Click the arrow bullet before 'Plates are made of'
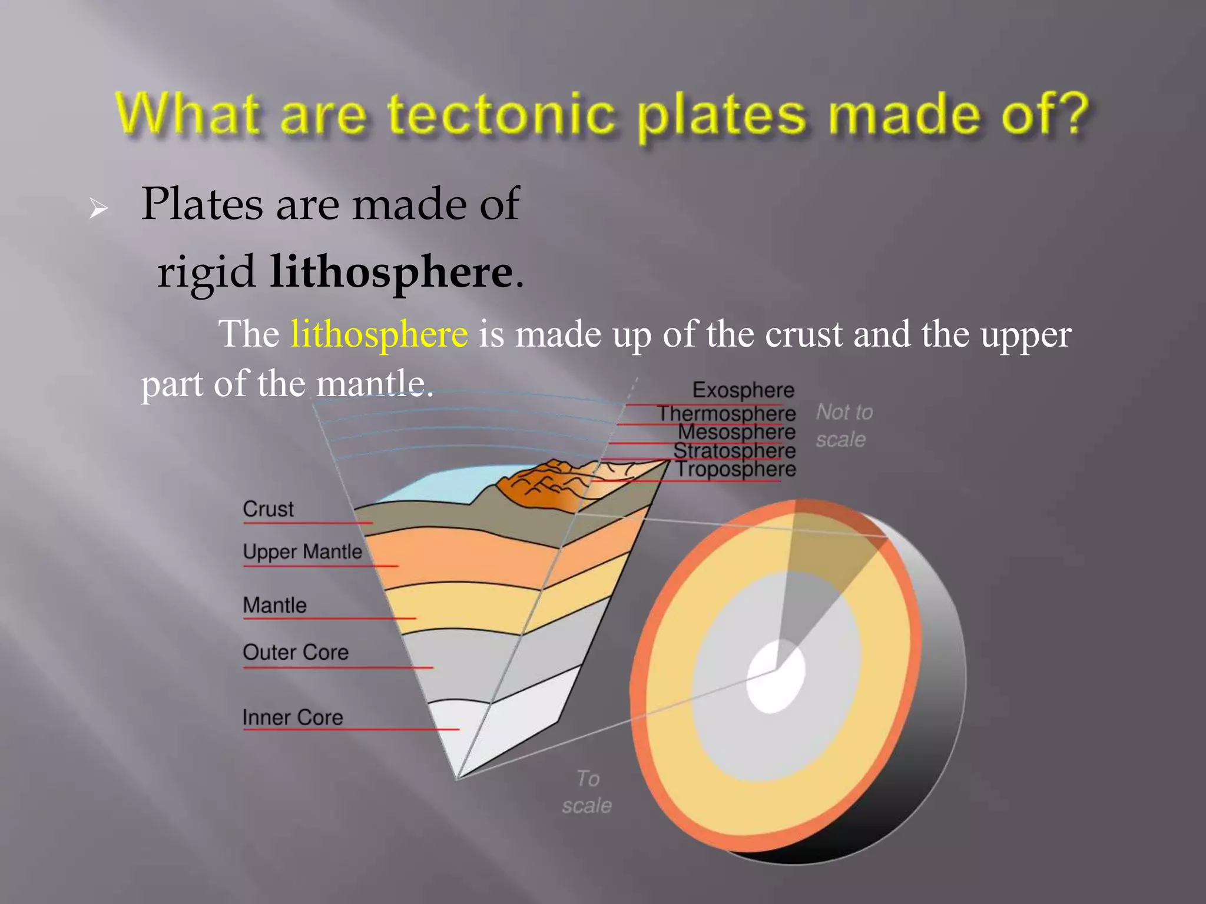pyautogui.click(x=98, y=208)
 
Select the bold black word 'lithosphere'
pyautogui.click(x=391, y=272)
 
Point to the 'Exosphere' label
pyautogui.click(x=743, y=390)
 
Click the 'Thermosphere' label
pyautogui.click(x=726, y=414)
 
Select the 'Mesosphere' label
pyautogui.click(x=736, y=433)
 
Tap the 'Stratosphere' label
pyautogui.click(x=734, y=451)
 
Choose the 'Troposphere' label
pyautogui.click(x=735, y=470)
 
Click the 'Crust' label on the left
pyautogui.click(x=268, y=509)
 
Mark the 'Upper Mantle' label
pyautogui.click(x=302, y=552)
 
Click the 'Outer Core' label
pyautogui.click(x=296, y=653)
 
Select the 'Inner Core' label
pyautogui.click(x=293, y=718)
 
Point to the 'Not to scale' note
pyautogui.click(x=843, y=426)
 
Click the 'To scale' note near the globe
pyautogui.click(x=587, y=792)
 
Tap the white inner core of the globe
pyautogui.click(x=776, y=677)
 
